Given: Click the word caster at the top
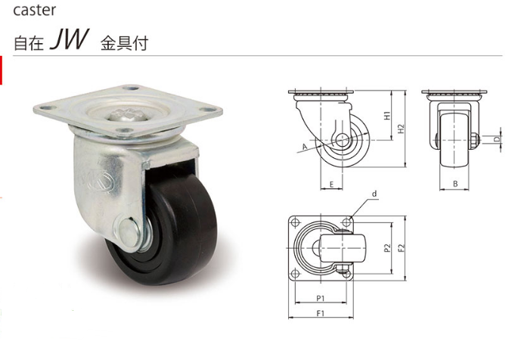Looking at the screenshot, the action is pos(34,11).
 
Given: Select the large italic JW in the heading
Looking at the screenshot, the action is pos(69,39).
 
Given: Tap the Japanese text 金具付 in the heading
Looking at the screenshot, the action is pos(124,44).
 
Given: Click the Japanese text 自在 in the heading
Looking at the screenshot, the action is pos(29,44).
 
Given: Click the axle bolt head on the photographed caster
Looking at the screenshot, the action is pos(130,232).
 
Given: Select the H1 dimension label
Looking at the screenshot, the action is pos(387,116).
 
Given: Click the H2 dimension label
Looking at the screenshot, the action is pos(401,129).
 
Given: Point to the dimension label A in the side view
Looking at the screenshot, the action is pos(305,147).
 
